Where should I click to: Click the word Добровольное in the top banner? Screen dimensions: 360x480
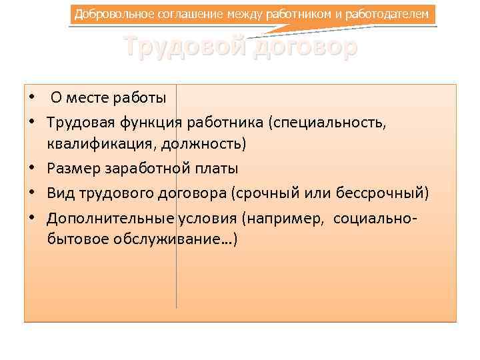tap(107, 14)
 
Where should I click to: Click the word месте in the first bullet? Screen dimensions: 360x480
tap(91, 98)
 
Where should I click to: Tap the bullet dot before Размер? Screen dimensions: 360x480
tap(31, 169)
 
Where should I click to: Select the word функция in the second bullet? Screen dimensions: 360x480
tap(151, 122)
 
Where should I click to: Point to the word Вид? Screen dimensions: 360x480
tap(59, 193)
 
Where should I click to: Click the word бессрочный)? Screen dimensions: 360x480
tap(385, 193)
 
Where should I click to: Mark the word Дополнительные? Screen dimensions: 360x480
tap(111, 217)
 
